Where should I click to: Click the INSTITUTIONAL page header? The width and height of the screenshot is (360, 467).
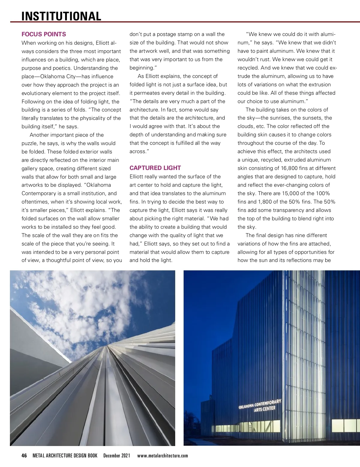(61, 16)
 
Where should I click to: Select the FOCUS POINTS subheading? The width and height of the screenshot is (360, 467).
(44, 34)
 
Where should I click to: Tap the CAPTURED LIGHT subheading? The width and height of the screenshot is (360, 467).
(155, 168)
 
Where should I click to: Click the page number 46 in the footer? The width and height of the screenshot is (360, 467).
(24, 456)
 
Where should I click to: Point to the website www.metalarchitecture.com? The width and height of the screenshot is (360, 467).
(163, 456)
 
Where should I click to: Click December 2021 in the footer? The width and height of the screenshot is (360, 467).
(117, 456)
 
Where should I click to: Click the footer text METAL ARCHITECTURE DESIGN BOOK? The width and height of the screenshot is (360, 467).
(65, 456)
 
